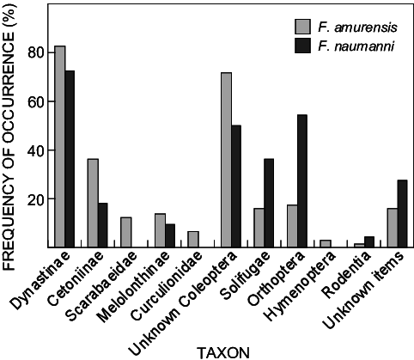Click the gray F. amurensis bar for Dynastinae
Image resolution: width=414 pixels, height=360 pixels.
click(60, 146)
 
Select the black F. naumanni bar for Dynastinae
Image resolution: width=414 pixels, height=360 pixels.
click(70, 155)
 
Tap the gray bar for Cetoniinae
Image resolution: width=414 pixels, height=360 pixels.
click(93, 203)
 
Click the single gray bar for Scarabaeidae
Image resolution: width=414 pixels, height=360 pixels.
click(126, 232)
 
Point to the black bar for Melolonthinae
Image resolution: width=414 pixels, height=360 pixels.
click(170, 235)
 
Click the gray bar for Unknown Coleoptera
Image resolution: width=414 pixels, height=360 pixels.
click(226, 160)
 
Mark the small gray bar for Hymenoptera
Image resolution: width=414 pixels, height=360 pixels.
click(326, 243)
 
